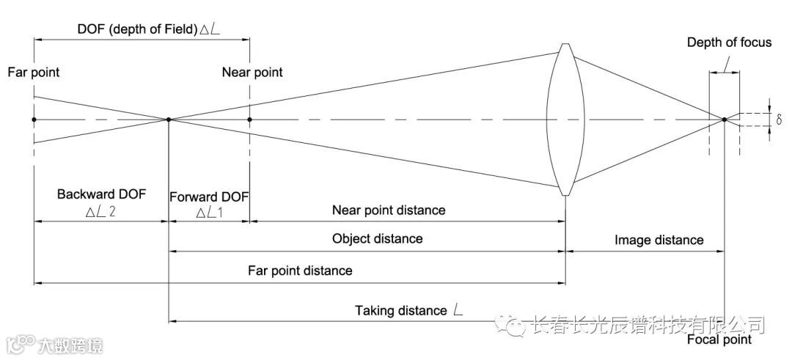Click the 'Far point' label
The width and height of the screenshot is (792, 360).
(x=33, y=73)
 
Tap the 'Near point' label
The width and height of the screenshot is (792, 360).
(x=252, y=73)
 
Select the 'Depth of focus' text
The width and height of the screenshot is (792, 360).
(x=729, y=43)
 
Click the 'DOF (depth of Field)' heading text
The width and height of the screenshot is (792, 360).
(x=137, y=29)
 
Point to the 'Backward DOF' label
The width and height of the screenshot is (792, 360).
(x=102, y=194)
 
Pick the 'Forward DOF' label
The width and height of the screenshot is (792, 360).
(x=209, y=197)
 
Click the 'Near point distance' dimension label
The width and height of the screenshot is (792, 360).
(x=389, y=210)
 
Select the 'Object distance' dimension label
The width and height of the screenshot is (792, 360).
(x=377, y=238)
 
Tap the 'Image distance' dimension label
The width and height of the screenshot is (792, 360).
(x=659, y=240)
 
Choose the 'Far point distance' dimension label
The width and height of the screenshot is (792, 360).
(x=301, y=271)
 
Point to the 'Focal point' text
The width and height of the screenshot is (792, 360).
(x=719, y=339)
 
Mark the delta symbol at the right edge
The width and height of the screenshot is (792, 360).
(x=779, y=119)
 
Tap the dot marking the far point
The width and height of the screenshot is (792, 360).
(x=34, y=119)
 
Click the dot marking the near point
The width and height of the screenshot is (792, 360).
(x=250, y=119)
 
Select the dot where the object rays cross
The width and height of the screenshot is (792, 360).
(x=169, y=119)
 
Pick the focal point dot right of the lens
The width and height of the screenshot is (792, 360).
(x=725, y=119)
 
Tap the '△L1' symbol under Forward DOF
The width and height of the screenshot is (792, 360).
(x=211, y=212)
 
